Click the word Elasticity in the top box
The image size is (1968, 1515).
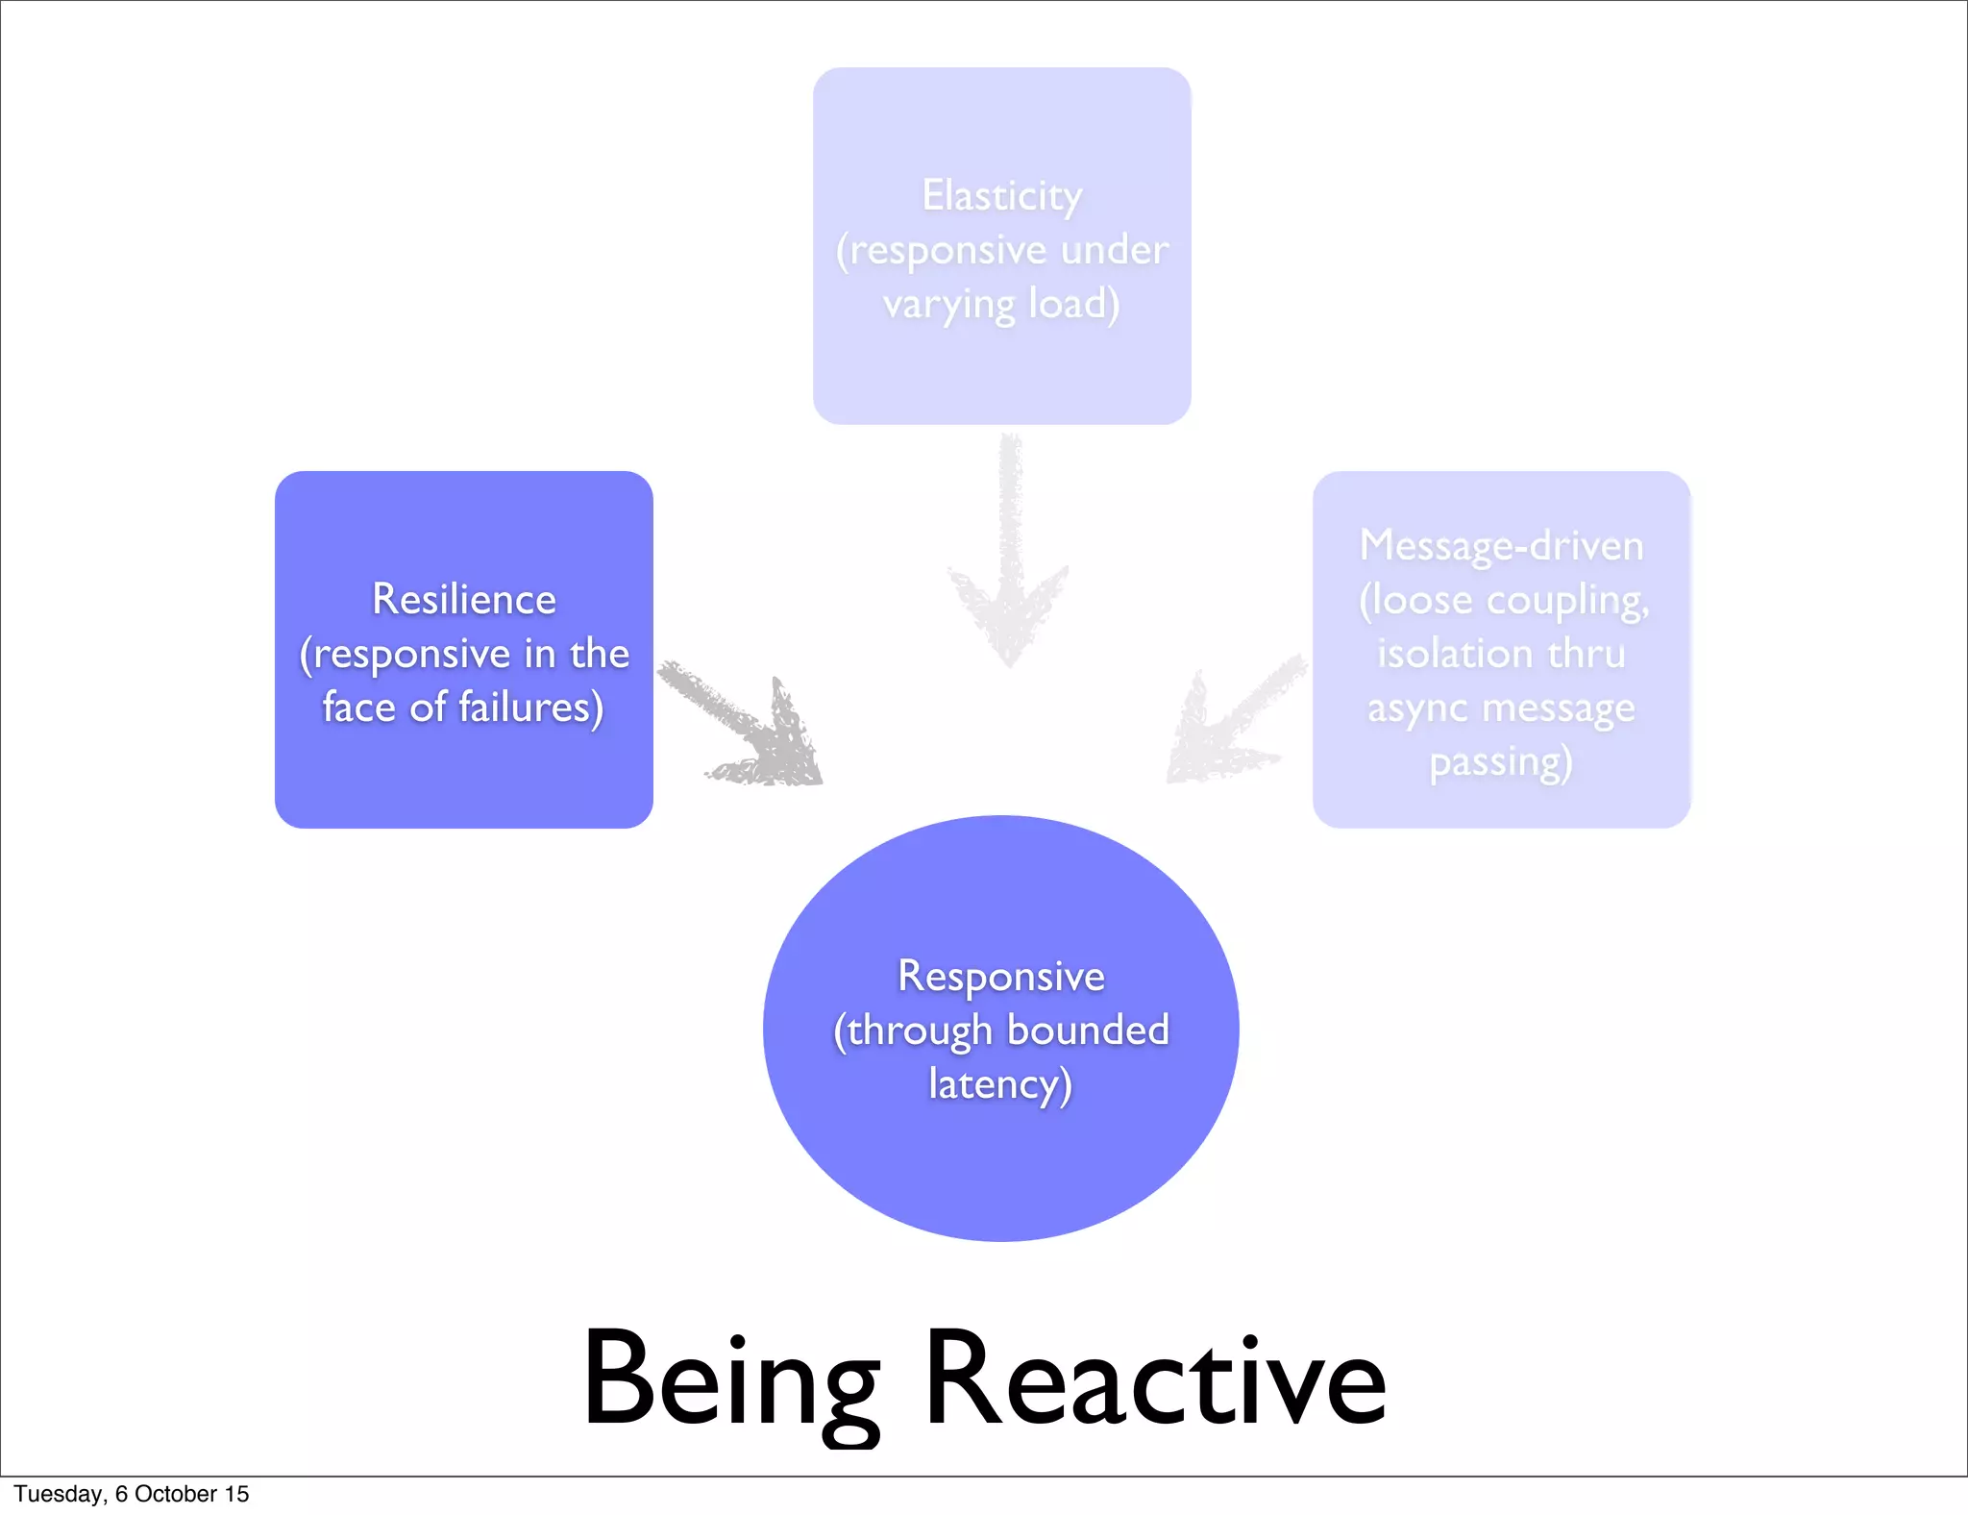1001,196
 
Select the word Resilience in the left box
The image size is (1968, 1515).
464,600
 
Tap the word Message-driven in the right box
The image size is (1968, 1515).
1501,546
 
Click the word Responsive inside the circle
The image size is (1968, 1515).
1000,977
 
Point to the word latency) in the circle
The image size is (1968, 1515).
1000,1085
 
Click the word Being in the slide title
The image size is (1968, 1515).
730,1380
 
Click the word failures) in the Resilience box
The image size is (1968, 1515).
530,708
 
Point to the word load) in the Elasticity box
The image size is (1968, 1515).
1073,305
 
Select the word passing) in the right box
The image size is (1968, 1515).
1501,762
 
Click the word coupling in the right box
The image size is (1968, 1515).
1567,601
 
